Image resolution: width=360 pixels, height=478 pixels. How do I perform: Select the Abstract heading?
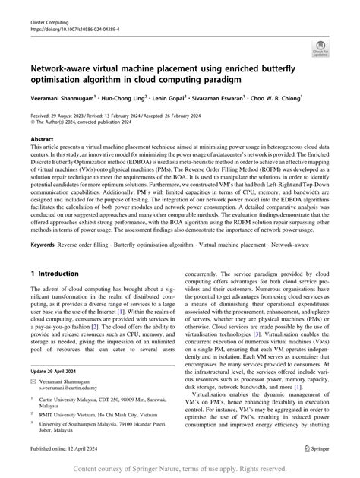point(42,141)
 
